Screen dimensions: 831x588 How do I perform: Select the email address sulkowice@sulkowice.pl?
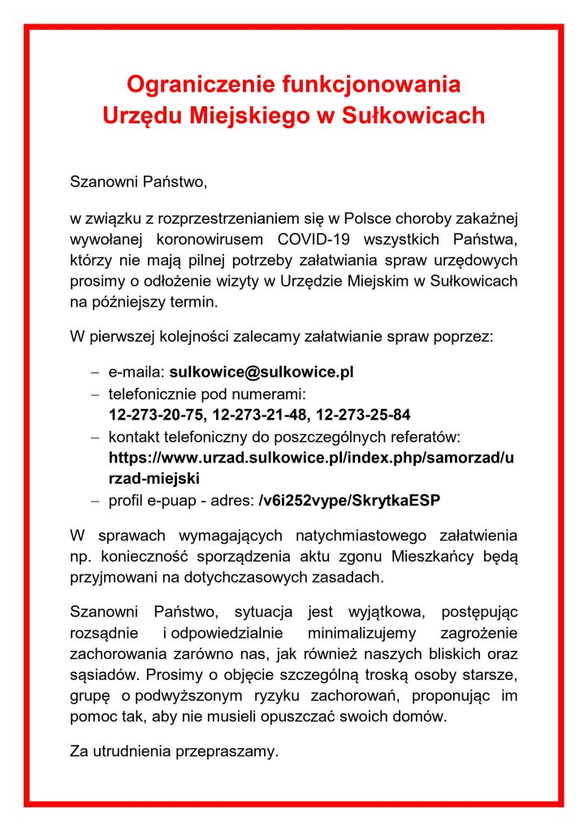(262, 372)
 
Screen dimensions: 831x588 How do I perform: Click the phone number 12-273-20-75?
(155, 415)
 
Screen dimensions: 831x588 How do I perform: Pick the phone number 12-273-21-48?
(259, 415)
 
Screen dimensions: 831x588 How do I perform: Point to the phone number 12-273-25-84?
(363, 415)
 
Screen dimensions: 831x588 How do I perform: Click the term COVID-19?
(312, 239)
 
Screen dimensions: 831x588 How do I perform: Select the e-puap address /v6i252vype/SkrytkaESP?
(349, 499)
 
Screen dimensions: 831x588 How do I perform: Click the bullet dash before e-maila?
(95, 372)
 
